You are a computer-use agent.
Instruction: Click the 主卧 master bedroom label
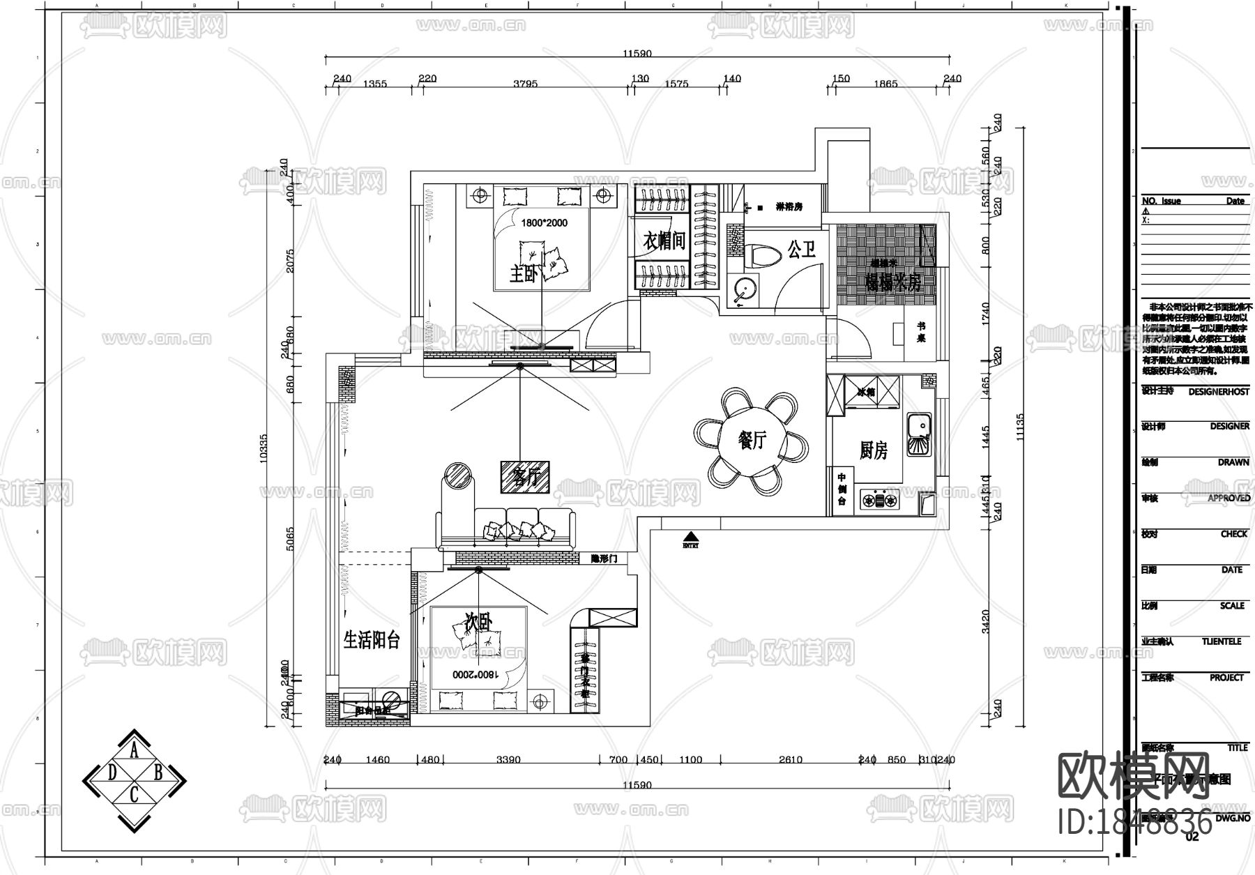(524, 274)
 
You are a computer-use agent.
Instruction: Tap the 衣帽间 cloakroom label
(663, 241)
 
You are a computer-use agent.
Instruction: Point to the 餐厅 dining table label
(752, 440)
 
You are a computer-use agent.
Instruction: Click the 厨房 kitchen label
(873, 451)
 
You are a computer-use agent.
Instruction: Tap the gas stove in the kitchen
(880, 500)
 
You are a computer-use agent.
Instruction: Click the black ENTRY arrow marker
(690, 537)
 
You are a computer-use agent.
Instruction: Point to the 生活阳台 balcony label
(372, 640)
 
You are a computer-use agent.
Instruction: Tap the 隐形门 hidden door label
(603, 558)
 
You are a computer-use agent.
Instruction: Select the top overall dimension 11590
(637, 53)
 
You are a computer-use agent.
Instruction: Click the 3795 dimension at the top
(525, 84)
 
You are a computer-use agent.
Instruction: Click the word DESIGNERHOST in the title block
(1218, 392)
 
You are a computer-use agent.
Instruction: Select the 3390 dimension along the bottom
(508, 759)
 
